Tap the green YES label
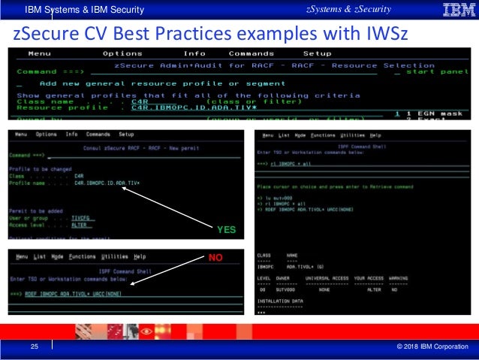224,231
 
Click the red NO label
217,259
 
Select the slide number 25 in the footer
33,346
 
